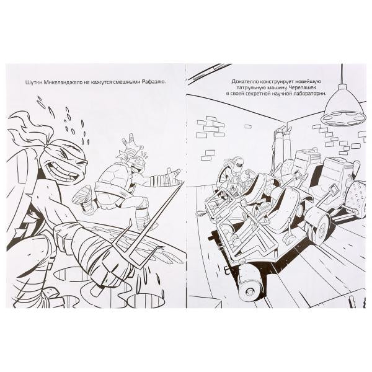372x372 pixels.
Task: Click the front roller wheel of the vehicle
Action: click(x=249, y=281)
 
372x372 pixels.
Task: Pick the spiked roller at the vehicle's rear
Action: click(x=353, y=198)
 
